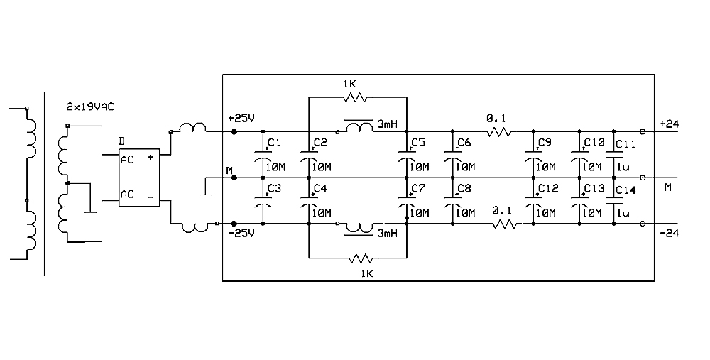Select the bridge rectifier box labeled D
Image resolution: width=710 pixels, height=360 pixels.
pos(138,178)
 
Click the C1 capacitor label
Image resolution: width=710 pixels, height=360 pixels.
pos(274,143)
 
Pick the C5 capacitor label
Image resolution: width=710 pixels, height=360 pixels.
pos(418,143)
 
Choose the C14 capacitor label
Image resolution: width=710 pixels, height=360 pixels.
pos(626,190)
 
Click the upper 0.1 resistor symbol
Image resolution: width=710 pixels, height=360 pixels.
pos(499,132)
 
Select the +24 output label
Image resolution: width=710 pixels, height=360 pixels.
pos(668,124)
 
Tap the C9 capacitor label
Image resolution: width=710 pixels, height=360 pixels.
pos(545,143)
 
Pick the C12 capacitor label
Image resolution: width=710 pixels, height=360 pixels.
pos(547,188)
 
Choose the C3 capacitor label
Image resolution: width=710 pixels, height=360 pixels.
pos(274,188)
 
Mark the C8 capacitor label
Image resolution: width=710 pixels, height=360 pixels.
pos(464,188)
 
